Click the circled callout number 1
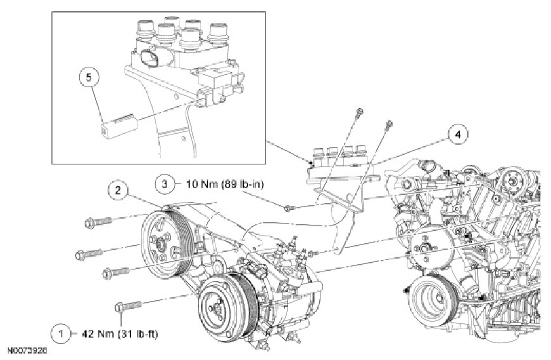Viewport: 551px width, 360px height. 61,332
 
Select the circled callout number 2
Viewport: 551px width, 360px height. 117,189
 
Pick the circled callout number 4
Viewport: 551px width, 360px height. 459,134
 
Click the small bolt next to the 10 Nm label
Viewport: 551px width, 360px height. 288,207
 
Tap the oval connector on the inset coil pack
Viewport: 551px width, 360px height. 149,57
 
